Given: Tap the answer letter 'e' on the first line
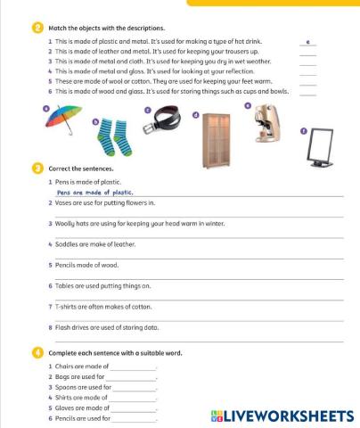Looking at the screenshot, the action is pos(307,42).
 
